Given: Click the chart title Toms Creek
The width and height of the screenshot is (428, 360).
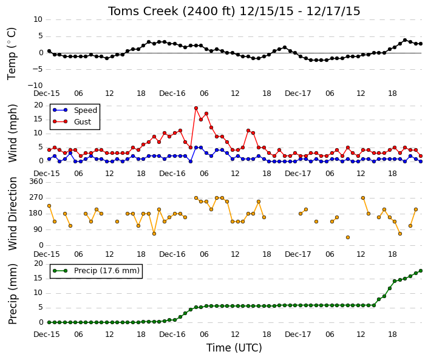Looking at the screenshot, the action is point(143,11).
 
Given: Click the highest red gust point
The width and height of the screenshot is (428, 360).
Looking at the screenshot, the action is point(196,108).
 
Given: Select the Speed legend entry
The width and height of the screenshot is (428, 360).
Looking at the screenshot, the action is point(75,110).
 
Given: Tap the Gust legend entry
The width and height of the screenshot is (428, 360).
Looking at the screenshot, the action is point(72,121).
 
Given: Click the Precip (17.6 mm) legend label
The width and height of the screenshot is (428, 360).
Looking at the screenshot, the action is point(107,271).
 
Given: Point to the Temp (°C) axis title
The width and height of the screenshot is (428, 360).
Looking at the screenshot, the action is point(12,54).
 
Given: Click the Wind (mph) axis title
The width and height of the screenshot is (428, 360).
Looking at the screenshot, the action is point(13,133).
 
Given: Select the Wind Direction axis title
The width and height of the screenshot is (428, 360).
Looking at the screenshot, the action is point(13,214).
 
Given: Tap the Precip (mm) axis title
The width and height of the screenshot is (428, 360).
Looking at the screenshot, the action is point(13,294).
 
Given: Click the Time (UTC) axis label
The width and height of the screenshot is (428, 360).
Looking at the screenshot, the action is point(234,348).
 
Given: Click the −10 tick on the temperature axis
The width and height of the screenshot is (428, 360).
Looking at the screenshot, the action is point(35,86).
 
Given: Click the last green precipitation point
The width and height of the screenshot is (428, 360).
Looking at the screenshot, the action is point(421,271).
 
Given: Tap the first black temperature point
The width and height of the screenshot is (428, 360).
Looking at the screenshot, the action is point(49,51).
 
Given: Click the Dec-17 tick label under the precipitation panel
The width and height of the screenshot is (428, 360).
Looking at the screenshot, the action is point(298,335).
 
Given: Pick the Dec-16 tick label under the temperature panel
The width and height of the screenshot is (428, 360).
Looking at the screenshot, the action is point(172,93).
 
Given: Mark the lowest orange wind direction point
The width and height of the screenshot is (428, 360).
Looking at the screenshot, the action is point(348,237).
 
